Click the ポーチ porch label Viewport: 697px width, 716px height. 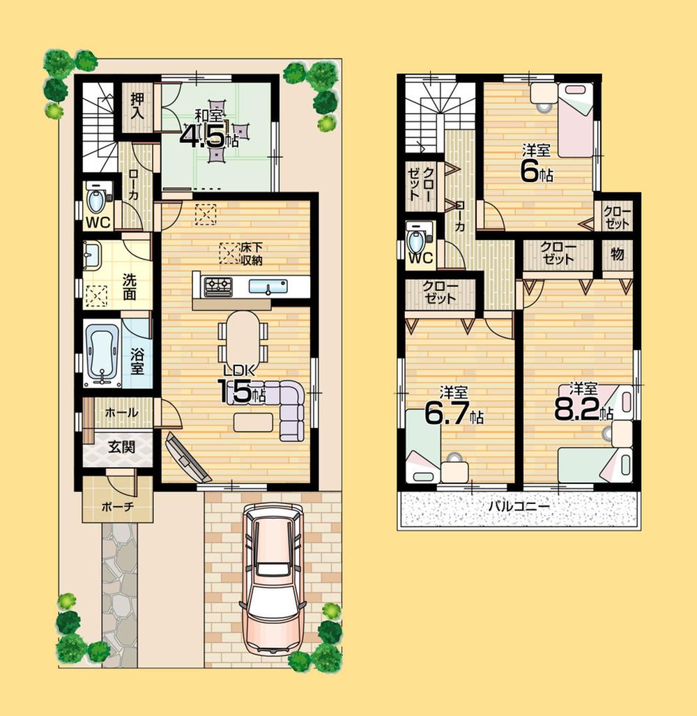[x=116, y=507]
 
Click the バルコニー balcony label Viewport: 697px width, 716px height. [x=518, y=507]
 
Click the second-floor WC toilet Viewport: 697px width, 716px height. [x=418, y=242]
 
